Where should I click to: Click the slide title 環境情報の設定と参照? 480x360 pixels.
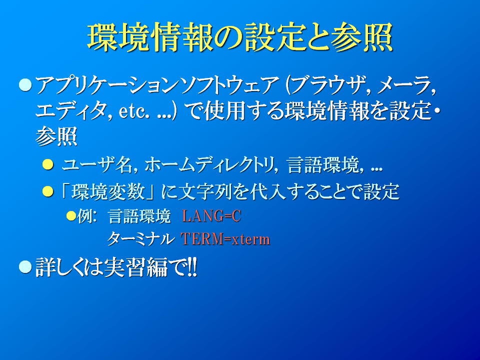tap(240, 37)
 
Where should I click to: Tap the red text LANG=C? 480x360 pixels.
tap(211, 216)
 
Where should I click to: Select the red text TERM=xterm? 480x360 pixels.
tap(225, 239)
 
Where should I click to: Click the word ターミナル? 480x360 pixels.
tap(140, 239)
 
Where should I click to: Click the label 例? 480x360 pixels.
tap(87, 216)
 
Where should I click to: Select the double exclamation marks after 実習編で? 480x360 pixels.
tap(192, 267)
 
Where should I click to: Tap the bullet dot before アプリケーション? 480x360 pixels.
tap(25, 85)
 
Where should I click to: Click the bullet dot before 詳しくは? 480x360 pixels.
tap(25, 266)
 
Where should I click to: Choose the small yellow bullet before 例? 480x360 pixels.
tap(71, 216)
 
